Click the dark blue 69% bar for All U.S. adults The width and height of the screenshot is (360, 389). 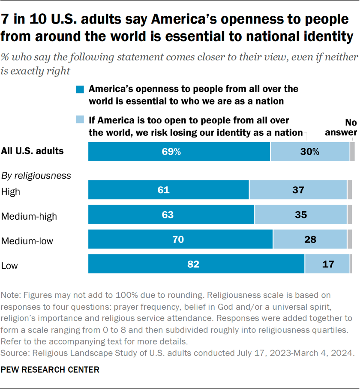179,151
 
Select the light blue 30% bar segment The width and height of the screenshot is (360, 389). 310,151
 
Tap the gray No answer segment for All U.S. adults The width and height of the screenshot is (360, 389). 352,151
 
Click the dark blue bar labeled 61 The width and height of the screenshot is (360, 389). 168,190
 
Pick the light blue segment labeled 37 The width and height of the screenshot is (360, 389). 298,190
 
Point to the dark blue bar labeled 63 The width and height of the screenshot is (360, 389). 171,215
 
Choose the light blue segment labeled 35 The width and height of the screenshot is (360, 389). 300,215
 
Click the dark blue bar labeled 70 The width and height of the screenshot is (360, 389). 180,239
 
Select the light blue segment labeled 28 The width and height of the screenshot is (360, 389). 310,239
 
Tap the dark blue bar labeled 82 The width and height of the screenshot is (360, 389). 196,264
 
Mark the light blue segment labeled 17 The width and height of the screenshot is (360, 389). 327,264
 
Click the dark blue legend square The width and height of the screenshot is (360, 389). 80,90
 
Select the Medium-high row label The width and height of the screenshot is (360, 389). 29,216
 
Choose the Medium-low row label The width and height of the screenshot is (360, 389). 27,241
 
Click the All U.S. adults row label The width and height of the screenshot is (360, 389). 33,151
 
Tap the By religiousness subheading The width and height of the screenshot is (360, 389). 36,175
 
